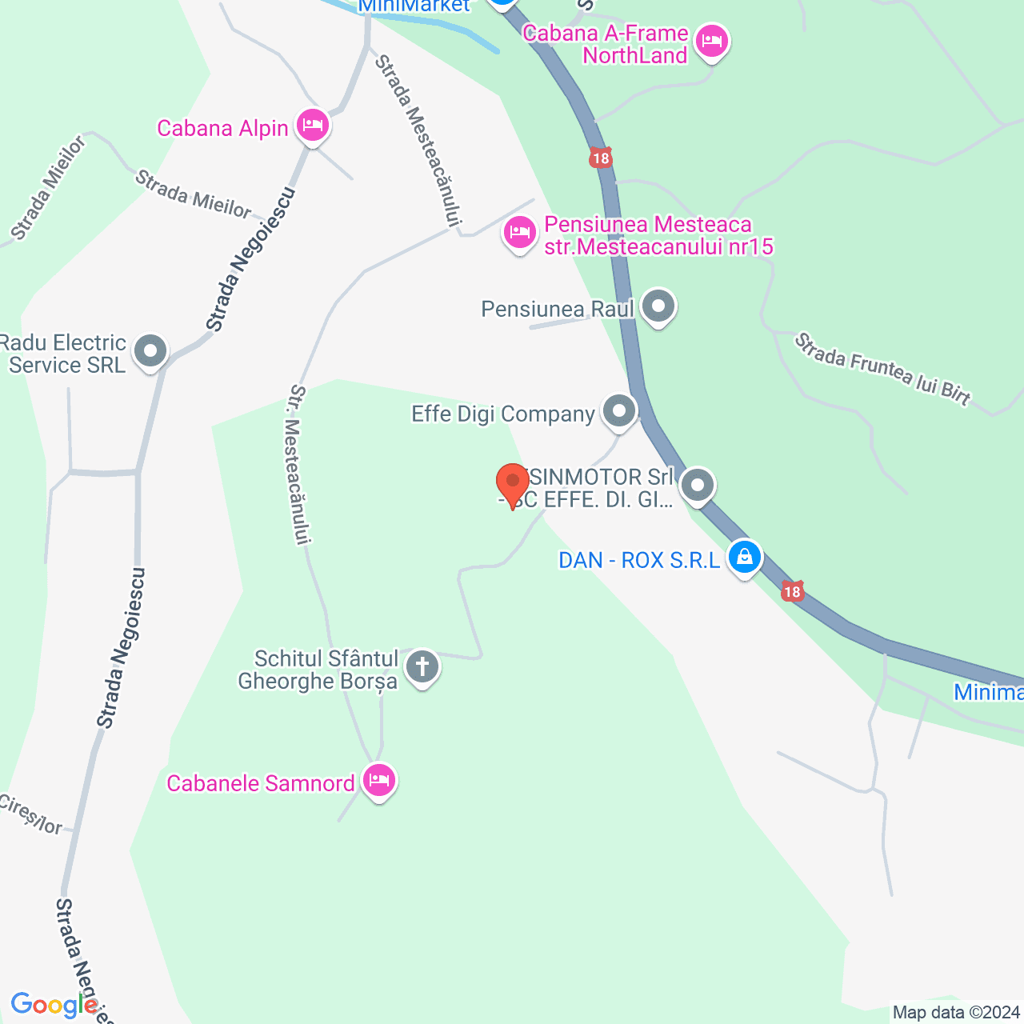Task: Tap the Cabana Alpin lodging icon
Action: point(312,126)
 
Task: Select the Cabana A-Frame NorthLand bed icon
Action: point(711,41)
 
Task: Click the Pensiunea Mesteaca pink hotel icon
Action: point(520,234)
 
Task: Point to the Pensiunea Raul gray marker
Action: point(658,306)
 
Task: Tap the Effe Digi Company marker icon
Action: point(618,412)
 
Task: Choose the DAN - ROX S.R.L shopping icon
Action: point(745,557)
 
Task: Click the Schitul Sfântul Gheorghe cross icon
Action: point(422,666)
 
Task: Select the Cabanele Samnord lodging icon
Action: point(379,780)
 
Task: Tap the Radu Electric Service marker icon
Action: point(150,350)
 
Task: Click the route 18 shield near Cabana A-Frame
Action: point(600,158)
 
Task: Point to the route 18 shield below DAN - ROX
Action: point(792,592)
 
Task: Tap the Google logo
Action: point(54,1005)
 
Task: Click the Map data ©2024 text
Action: point(956,1013)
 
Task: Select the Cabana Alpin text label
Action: point(222,128)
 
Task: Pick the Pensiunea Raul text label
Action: point(558,309)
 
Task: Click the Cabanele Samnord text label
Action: point(261,783)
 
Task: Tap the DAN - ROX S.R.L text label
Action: point(639,560)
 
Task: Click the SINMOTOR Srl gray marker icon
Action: point(698,486)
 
